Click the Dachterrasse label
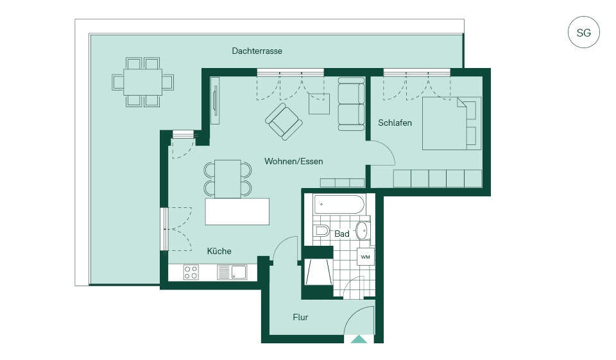pos(257,51)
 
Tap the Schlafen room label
pos(395,123)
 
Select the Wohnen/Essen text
pos(293,161)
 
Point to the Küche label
pos(219,251)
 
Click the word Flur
pos(300,317)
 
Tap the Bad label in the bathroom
pos(342,234)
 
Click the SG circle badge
pos(584,32)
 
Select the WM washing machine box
pos(365,257)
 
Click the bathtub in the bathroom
pos(339,204)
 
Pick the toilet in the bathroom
pos(321,231)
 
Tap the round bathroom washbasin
pos(362,231)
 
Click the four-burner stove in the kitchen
pos(191,272)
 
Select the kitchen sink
pos(239,272)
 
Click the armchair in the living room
pos(284,121)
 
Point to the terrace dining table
pos(142,82)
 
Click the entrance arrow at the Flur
pos(359,339)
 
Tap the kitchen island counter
pos(237,211)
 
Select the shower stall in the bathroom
pos(318,271)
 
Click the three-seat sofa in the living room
pos(351,104)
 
